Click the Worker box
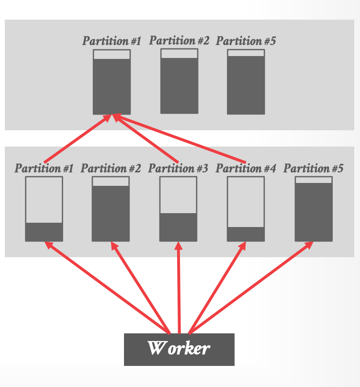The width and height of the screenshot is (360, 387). pos(179,349)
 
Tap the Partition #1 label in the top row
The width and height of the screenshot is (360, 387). pos(112,41)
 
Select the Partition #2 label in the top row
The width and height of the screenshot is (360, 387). pos(179,41)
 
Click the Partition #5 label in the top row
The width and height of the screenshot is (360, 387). pos(246,41)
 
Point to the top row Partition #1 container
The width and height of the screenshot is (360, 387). pos(112,82)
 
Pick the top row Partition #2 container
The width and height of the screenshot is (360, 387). pos(179,81)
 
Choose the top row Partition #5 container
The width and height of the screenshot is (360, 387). pos(246,81)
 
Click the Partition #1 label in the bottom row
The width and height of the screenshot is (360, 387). pos(44,169)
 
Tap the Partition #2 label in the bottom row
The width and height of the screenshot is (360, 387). pos(111,169)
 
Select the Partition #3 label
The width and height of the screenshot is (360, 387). pos(178,169)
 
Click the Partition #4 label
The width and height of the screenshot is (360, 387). pos(246,169)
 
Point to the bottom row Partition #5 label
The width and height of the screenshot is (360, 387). pos(314,169)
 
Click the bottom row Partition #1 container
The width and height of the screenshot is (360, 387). pos(44,209)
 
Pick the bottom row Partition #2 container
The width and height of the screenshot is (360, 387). pos(111,209)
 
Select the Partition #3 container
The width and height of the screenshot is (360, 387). pos(178,209)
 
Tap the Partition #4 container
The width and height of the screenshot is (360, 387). pos(246,209)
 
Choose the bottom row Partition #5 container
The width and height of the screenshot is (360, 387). pos(314,209)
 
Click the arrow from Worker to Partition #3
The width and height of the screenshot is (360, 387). pos(179,287)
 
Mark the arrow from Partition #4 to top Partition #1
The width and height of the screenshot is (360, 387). pos(182,138)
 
